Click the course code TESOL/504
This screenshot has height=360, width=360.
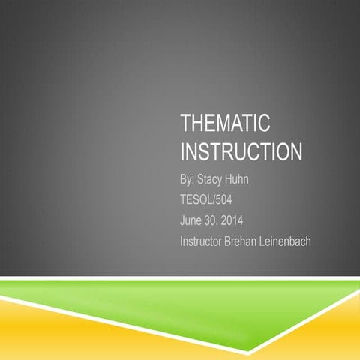click(206, 200)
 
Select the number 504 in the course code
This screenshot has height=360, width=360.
click(222, 200)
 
